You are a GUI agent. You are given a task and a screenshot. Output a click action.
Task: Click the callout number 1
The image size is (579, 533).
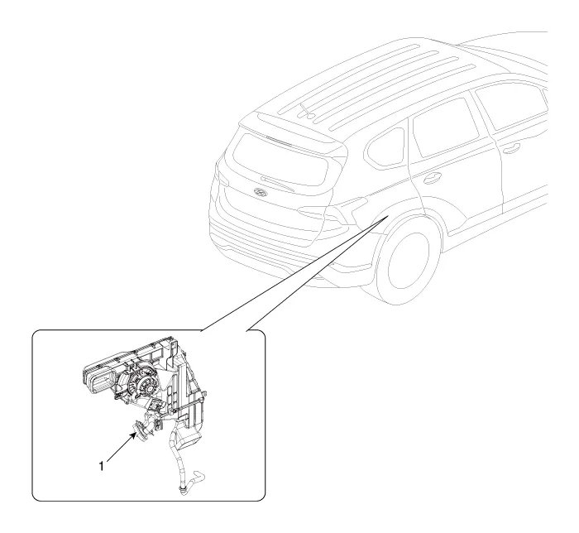102,467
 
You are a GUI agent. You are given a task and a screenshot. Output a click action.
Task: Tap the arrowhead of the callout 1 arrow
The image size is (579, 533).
134,435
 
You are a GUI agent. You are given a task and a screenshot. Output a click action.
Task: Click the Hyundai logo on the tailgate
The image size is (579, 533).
260,192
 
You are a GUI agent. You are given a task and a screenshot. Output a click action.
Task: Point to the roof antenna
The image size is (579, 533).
306,112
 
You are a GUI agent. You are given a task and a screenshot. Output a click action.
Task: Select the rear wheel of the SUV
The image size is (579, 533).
407,265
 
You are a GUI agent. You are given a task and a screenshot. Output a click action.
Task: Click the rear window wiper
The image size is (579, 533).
278,184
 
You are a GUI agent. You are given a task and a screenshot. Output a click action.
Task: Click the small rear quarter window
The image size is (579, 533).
384,147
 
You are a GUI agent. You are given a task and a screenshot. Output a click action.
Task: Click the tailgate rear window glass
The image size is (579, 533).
280,160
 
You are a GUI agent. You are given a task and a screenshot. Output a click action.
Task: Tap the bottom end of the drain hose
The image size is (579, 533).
182,490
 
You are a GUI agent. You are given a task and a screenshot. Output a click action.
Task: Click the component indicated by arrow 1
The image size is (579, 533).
141,430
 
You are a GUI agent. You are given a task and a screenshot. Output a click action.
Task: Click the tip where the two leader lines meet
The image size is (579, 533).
388,216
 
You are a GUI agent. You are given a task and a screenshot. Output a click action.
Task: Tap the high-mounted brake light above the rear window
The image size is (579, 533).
278,140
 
